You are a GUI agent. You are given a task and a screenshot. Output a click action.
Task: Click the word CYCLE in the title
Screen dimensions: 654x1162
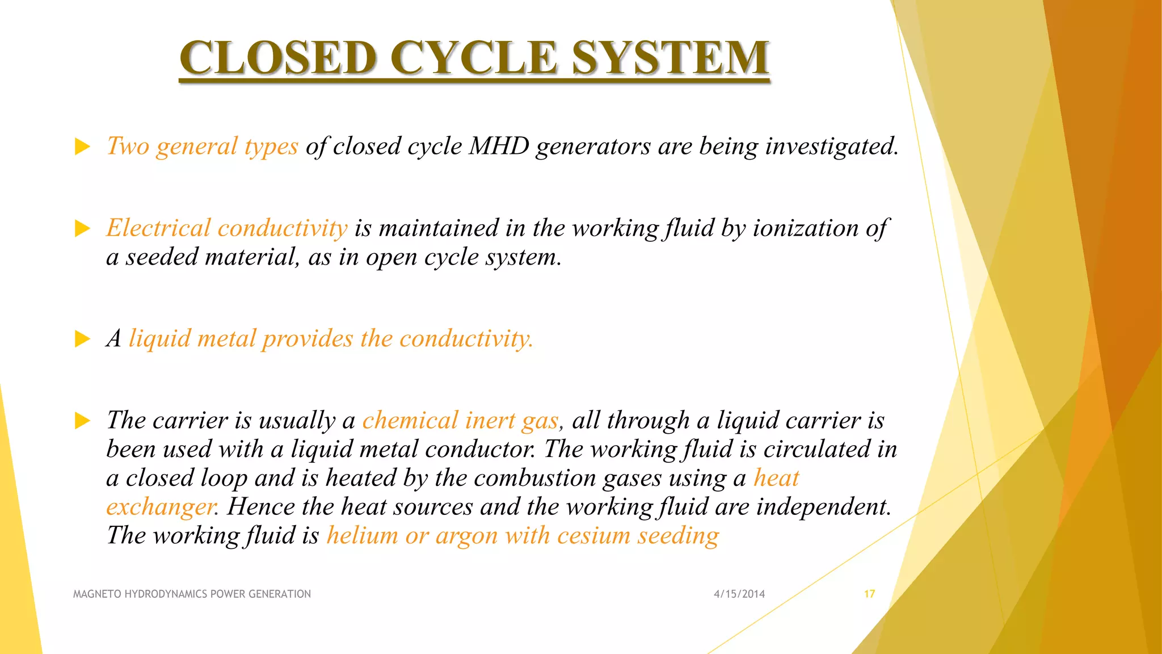tap(474, 58)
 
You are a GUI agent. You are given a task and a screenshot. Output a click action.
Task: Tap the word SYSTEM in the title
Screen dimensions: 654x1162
tap(670, 58)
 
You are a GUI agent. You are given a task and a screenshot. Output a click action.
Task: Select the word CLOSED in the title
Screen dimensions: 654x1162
tap(279, 58)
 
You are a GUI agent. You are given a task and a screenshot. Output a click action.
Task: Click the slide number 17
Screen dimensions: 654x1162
tap(869, 594)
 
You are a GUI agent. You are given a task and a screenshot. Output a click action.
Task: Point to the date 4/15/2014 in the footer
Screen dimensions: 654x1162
tap(739, 594)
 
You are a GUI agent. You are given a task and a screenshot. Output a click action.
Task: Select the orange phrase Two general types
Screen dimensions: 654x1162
tap(203, 146)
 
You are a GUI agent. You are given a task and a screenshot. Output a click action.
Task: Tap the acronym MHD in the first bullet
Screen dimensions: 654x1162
tap(499, 146)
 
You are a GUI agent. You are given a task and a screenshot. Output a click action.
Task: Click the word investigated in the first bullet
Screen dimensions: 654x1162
tap(831, 146)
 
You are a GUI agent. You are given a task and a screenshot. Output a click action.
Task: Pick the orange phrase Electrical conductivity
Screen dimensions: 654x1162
tap(227, 228)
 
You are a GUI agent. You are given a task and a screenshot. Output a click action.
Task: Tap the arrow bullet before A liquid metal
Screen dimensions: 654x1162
tap(83, 339)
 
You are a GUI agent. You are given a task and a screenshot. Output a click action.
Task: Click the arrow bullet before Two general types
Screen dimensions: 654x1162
tap(83, 147)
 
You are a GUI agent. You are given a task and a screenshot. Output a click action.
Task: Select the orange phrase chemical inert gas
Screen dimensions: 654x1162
tap(461, 421)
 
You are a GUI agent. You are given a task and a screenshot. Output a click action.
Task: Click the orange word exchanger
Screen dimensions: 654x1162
tap(161, 507)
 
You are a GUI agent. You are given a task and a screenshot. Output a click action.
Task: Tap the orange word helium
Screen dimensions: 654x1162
tap(362, 536)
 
